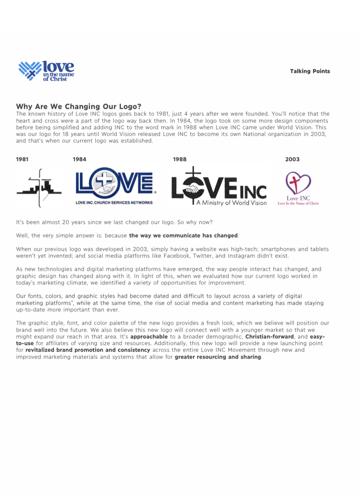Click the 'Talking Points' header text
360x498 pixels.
[310, 71]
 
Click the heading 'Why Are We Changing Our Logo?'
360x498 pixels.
[79, 107]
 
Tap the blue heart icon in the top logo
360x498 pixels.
[30, 70]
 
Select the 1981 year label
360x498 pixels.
[22, 159]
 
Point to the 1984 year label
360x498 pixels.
[79, 159]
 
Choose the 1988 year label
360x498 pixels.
[180, 159]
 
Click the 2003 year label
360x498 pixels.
[292, 159]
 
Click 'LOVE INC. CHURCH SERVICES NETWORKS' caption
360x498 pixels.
[114, 203]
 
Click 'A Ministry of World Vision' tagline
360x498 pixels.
[232, 203]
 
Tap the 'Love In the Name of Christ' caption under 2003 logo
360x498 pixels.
[298, 203]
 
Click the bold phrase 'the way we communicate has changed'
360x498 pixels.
[183, 236]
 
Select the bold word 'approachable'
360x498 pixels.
[149, 337]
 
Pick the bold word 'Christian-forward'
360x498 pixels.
[269, 337]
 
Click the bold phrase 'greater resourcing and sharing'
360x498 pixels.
[218, 357]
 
